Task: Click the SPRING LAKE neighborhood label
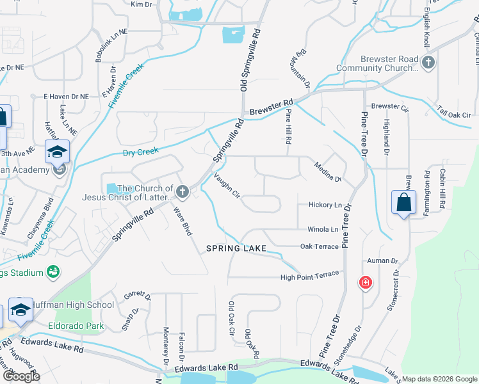point(234,248)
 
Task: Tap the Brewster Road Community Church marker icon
point(429,63)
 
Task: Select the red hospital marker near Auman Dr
point(365,282)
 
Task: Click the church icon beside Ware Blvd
point(183,191)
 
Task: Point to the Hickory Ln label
point(325,205)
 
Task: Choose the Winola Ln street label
point(323,229)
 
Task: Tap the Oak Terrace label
point(319,246)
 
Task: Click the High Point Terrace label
point(309,275)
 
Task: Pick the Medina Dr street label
point(328,172)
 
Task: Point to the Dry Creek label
point(140,152)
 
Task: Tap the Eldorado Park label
point(76,325)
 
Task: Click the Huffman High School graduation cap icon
point(20,309)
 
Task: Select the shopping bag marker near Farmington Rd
point(404,202)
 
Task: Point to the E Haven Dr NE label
point(65,96)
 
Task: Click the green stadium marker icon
point(53,273)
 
